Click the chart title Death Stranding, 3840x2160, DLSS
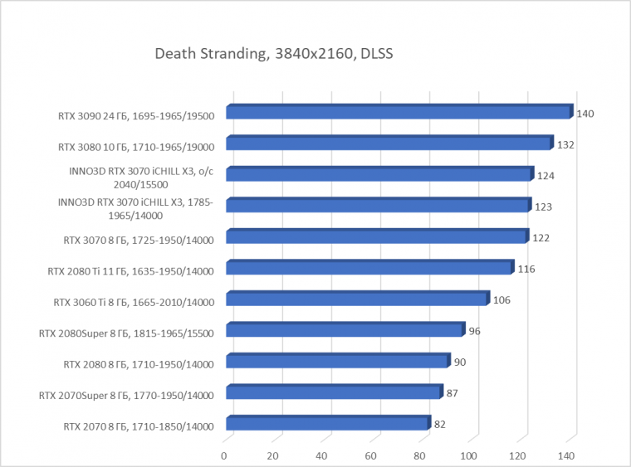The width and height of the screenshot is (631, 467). point(273,55)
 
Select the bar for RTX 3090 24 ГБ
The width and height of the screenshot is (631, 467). point(399,113)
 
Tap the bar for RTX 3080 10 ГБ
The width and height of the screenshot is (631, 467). point(389,144)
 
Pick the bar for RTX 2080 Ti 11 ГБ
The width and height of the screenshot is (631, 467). point(369,268)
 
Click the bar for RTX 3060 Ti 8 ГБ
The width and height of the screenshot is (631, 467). point(357,299)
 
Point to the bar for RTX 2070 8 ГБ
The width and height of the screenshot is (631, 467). point(327,424)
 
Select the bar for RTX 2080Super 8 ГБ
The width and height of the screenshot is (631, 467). point(345,330)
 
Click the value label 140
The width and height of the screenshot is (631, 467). point(585,114)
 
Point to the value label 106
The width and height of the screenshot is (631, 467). point(501,300)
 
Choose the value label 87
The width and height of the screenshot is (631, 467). point(453,393)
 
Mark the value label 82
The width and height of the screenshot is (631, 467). point(440,425)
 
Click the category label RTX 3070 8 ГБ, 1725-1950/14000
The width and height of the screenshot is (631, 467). point(139,241)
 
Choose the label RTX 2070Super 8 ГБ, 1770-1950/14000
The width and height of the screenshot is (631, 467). point(126,396)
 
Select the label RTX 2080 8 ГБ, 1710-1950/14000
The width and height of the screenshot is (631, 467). point(139,364)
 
